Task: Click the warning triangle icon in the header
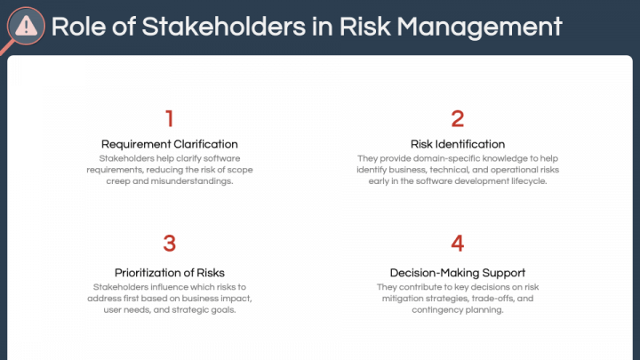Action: click(x=27, y=26)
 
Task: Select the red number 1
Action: click(x=170, y=118)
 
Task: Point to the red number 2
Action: click(x=458, y=118)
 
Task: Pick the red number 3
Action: click(x=170, y=244)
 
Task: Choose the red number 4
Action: click(x=458, y=244)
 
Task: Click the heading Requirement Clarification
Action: click(x=170, y=144)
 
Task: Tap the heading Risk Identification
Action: click(x=458, y=144)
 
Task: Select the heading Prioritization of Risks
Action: click(x=170, y=272)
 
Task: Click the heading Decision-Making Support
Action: click(x=458, y=272)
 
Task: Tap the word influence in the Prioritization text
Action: click(x=172, y=287)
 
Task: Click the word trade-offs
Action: click(x=492, y=299)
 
